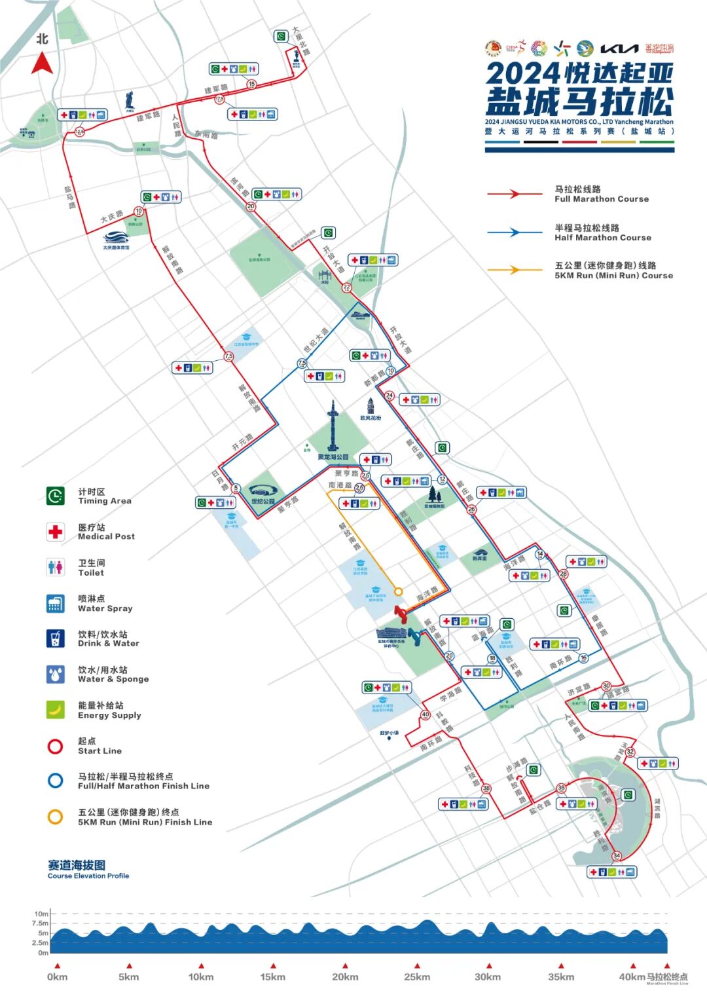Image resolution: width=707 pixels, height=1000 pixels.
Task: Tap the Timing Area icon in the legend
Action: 56,496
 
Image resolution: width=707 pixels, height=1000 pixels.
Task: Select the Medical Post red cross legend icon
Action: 56,531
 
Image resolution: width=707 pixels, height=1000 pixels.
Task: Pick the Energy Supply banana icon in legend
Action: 56,709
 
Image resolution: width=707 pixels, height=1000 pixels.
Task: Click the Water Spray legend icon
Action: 56,603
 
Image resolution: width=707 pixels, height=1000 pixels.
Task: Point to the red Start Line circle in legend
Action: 56,746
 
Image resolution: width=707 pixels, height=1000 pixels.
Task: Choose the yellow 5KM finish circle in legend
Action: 56,817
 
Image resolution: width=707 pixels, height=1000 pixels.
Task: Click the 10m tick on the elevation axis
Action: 42,914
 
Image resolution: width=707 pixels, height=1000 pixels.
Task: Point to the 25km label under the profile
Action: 417,976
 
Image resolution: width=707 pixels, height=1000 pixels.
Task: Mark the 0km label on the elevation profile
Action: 58,976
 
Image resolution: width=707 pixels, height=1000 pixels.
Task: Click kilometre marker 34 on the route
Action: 617,856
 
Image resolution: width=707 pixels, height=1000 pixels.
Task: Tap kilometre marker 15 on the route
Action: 251,84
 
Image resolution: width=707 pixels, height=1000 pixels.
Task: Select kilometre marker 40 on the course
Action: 425,714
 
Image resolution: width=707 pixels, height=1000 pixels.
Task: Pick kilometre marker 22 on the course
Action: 346,287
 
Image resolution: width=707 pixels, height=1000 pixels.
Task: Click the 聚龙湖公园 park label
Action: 333,457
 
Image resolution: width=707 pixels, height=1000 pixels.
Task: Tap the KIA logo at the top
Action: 619,48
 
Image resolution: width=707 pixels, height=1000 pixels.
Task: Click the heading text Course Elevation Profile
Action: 88,876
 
